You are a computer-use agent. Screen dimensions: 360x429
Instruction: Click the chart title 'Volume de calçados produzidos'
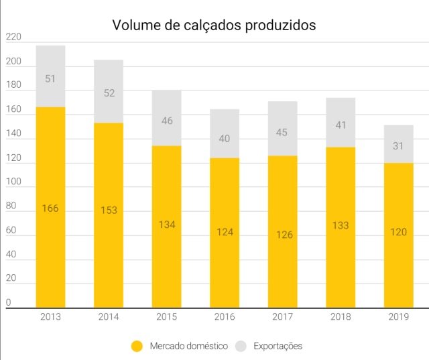click(214, 25)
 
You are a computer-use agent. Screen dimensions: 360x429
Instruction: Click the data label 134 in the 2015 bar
click(166, 225)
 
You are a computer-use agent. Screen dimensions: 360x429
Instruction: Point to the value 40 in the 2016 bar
click(225, 139)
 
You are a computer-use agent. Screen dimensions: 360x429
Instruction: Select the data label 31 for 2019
click(399, 146)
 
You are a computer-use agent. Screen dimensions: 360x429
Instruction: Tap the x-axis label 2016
click(225, 316)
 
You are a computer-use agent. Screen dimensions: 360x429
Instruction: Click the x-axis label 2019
click(399, 316)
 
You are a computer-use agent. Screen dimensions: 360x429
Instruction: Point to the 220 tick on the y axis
click(13, 38)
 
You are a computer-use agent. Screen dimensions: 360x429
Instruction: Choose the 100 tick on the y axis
click(13, 182)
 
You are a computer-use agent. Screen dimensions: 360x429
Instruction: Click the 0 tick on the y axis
click(9, 302)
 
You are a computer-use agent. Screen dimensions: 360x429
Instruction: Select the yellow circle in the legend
click(137, 346)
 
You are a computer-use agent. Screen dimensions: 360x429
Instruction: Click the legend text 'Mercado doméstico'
click(188, 346)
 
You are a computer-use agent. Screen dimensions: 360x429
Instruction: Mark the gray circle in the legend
click(241, 346)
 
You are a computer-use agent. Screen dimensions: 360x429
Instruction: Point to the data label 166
click(50, 208)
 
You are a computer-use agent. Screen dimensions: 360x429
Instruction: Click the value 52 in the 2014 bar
click(109, 93)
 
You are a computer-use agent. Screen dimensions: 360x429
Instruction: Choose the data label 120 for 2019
click(399, 232)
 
